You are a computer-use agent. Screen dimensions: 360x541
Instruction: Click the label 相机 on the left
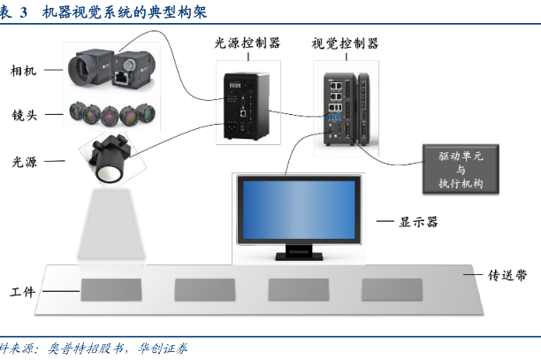tap(25, 70)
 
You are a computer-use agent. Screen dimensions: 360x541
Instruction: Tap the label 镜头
tap(25, 116)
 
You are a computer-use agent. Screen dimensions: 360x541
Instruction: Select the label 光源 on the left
tap(25, 162)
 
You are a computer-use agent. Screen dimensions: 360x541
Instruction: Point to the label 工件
tap(23, 291)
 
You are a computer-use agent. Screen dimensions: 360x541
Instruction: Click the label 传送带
tap(508, 275)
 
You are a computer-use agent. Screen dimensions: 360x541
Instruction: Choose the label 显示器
tap(421, 221)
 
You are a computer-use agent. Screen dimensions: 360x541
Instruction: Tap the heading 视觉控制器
tap(345, 43)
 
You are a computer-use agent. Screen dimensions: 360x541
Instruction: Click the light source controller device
tap(248, 103)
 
